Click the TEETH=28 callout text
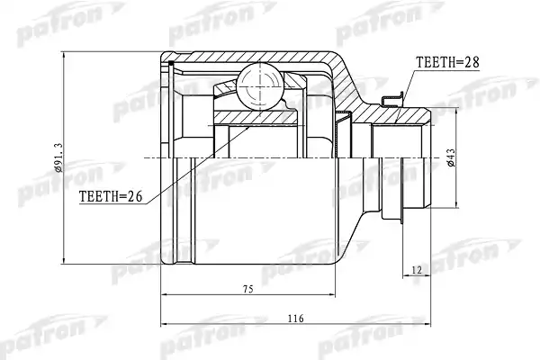point(447,62)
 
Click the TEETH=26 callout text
point(111,196)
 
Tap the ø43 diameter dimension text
point(451,157)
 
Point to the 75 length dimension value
point(248,289)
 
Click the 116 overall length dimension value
point(296,319)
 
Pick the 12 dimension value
point(417,270)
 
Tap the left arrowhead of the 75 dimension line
point(165,295)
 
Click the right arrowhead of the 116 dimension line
point(427,324)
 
